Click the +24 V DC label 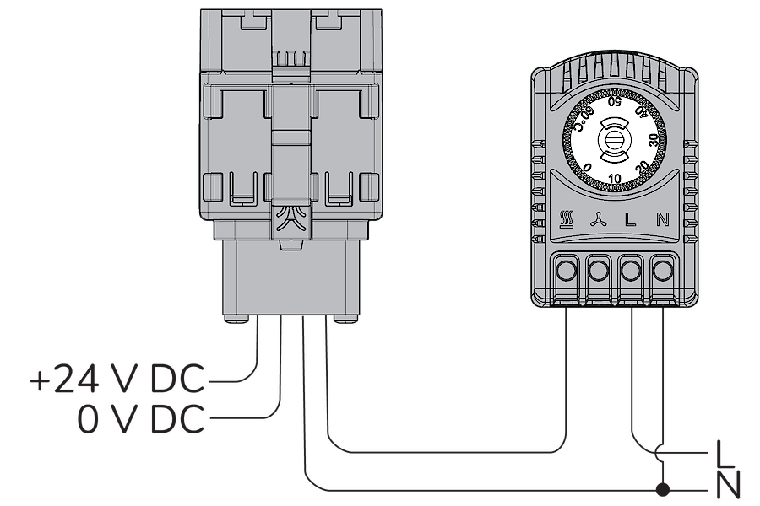117,379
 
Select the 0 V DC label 141,419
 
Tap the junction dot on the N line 663,490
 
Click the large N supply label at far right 728,484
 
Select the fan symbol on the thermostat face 597,220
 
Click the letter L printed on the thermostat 629,220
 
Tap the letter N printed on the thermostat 663,220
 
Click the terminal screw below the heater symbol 565,270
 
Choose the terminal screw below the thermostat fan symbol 598,270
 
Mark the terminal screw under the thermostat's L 630,270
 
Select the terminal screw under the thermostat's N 663,270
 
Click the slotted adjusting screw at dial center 615,142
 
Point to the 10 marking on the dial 615,179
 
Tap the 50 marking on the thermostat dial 615,101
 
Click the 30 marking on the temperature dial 653,141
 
